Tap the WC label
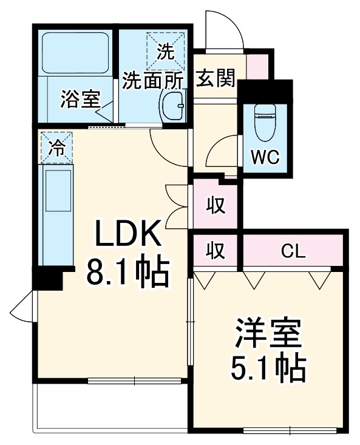click(x=265, y=157)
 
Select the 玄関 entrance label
click(x=216, y=79)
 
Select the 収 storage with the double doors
click(x=216, y=205)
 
